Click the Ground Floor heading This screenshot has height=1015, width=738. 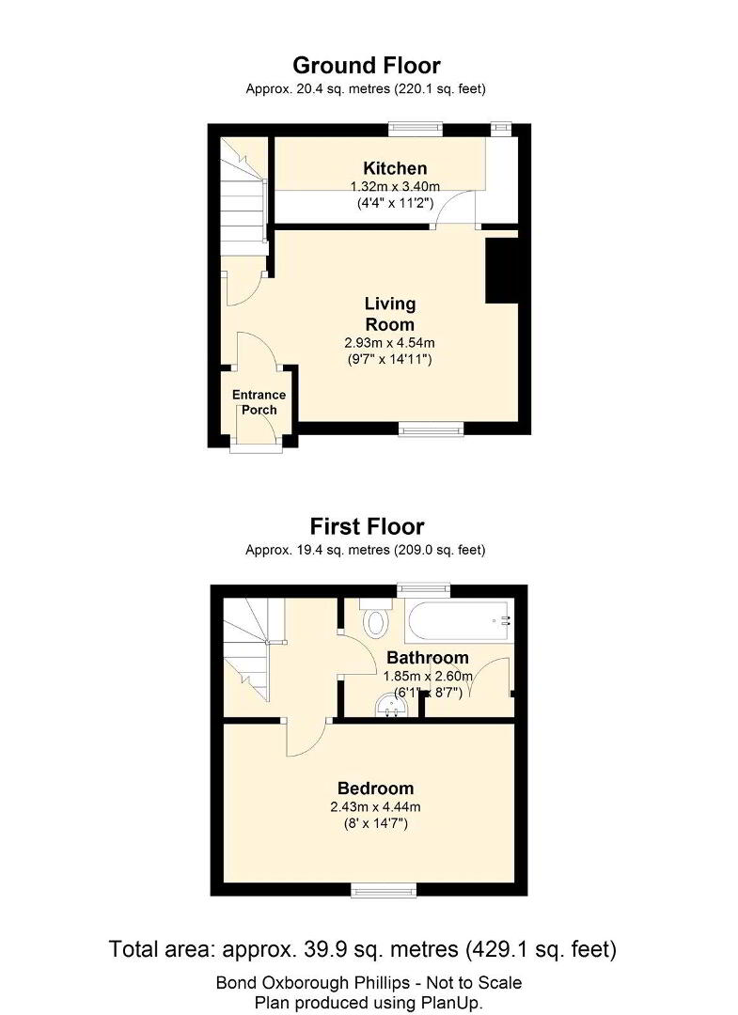coord(367,66)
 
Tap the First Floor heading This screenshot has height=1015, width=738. coord(367,526)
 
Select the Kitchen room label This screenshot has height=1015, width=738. coord(395,168)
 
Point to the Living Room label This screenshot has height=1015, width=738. coord(390,314)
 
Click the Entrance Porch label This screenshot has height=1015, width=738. coord(259,402)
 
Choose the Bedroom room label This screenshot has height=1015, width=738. coord(375,789)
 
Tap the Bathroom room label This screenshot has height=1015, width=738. coord(427,658)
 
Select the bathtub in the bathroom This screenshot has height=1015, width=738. coord(459,621)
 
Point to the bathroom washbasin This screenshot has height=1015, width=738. coord(392,706)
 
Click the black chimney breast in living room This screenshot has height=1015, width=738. coord(502,271)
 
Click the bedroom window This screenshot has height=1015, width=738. coord(384,892)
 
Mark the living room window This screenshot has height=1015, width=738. coord(432,429)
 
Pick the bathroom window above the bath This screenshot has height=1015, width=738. coord(423,589)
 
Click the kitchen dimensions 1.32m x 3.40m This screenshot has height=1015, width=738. coord(395,187)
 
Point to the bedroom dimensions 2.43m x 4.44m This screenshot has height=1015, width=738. coord(375,807)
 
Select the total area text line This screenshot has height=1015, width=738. coord(363,949)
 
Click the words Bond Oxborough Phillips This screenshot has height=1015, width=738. coord(317,983)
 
